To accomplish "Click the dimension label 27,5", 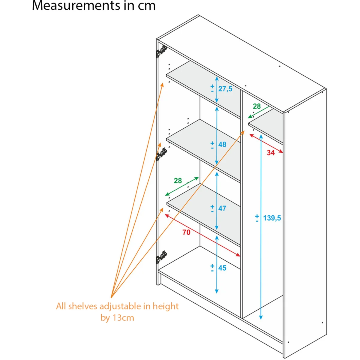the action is tap(225, 89).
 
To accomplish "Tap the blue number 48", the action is tap(222, 144).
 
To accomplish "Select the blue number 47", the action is tap(222, 208).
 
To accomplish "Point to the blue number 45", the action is tap(222, 268).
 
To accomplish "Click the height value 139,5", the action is tap(272, 218).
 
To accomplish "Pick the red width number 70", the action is tap(186, 232).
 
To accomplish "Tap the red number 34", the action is tap(271, 153).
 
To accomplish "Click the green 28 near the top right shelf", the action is tap(257, 106).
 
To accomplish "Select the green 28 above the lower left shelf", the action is tap(178, 181).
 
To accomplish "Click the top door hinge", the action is tap(161, 51).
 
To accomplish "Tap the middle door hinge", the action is tap(161, 154).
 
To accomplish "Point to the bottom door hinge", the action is tap(161, 257).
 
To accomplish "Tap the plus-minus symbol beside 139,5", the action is tap(257, 218).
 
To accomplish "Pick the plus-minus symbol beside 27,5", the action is tap(212, 88).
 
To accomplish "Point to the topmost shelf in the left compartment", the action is tap(203, 89).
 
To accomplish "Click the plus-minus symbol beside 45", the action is tap(212, 268).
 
